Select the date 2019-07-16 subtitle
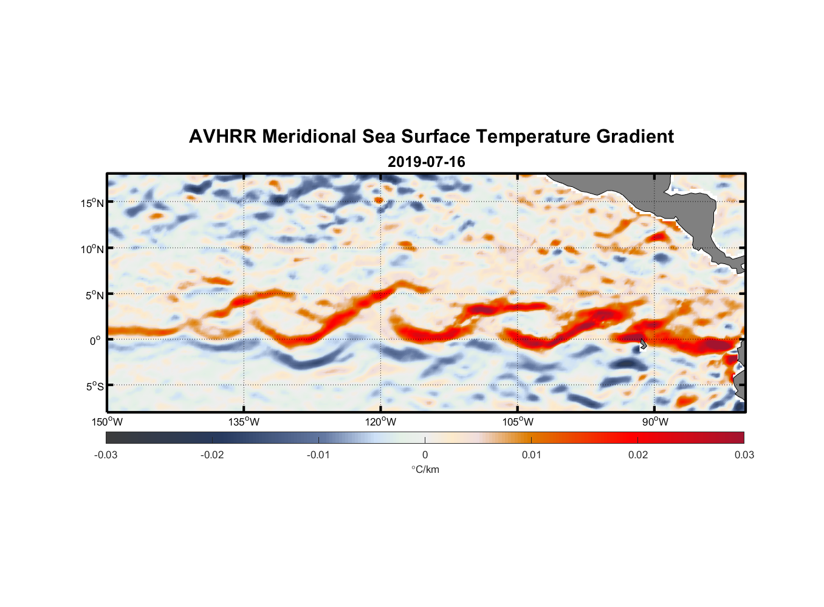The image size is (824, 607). pos(426,162)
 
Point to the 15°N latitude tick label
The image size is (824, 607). pos(92,203)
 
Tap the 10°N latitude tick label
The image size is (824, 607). pos(92,249)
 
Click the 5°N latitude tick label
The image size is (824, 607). pos(94,295)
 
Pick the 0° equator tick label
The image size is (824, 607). pos(95,341)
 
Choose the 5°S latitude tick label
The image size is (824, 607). pos(94,386)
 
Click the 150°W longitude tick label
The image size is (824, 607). pos(107,422)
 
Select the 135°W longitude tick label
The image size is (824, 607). pos(244,422)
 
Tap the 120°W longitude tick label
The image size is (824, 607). pos(380,422)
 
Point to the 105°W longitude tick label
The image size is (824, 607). pos(518,422)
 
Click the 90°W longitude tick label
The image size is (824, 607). pos(654,422)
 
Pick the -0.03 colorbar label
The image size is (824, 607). pos(106,455)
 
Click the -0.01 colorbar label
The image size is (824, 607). pos(318,455)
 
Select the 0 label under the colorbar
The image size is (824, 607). pos(425,455)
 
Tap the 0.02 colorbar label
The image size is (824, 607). pos(638,455)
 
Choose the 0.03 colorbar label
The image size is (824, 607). pos(744,455)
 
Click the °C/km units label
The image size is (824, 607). pos(425,469)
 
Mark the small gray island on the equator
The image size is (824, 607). pos(643,344)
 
